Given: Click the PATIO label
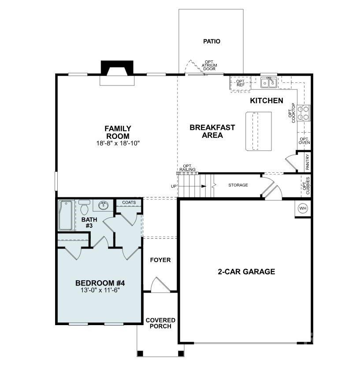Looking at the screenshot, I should coord(212,41).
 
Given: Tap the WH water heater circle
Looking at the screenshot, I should coord(303,208).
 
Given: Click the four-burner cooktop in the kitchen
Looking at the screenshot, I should coord(303,113).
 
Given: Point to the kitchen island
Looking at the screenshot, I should coord(258,131).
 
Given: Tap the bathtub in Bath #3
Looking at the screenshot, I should coord(66,215).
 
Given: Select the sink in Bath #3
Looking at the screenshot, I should coord(104,205).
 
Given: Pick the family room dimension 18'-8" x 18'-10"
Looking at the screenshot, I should coord(118,143).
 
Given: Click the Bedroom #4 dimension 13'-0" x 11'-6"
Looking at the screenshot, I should coord(103,290).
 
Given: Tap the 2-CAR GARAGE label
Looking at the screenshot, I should coord(246,271).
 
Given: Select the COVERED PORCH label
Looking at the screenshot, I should coord(160,323).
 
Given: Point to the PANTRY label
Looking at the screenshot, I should coord(307,162).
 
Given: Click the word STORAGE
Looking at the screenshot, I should coord(238,185).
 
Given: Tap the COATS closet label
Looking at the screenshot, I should coord(129,202).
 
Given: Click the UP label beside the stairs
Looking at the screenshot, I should coord(173,186).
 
